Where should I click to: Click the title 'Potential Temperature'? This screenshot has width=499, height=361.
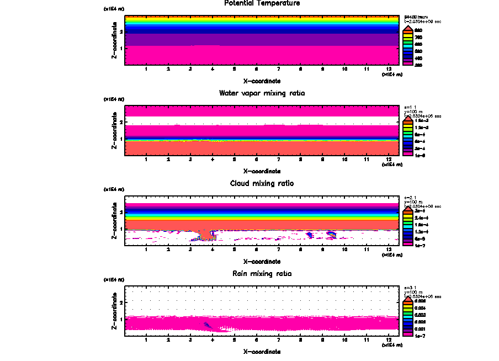(262, 3)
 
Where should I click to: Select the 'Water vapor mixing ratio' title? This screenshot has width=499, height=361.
(262, 93)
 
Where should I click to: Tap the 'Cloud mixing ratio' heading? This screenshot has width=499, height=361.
(262, 183)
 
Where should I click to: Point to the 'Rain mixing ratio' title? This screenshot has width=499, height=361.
(262, 274)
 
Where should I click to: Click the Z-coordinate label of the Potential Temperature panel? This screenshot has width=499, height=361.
(114, 42)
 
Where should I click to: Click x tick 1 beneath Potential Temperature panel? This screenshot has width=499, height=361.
(146, 69)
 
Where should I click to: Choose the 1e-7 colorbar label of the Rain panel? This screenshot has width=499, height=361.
(420, 335)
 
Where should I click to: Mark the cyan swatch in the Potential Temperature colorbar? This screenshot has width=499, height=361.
(407, 44)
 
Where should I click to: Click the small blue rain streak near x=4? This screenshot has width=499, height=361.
(208, 325)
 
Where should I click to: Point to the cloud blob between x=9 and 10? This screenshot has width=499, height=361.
(331, 234)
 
